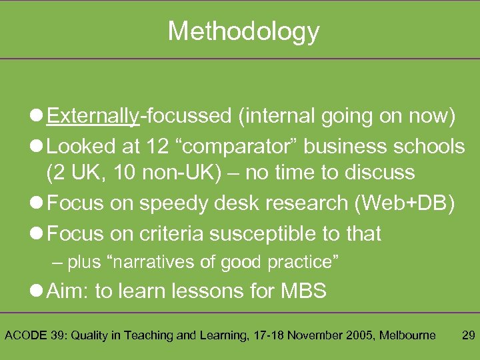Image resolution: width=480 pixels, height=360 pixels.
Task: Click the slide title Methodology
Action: pos(243,31)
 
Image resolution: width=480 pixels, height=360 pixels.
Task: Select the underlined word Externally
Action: pos(93,116)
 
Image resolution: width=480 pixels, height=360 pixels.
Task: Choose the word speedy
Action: pos(169,203)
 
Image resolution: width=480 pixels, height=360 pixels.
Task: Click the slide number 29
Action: pos(468,335)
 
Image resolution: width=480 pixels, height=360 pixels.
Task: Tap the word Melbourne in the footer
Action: pos(407,335)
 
